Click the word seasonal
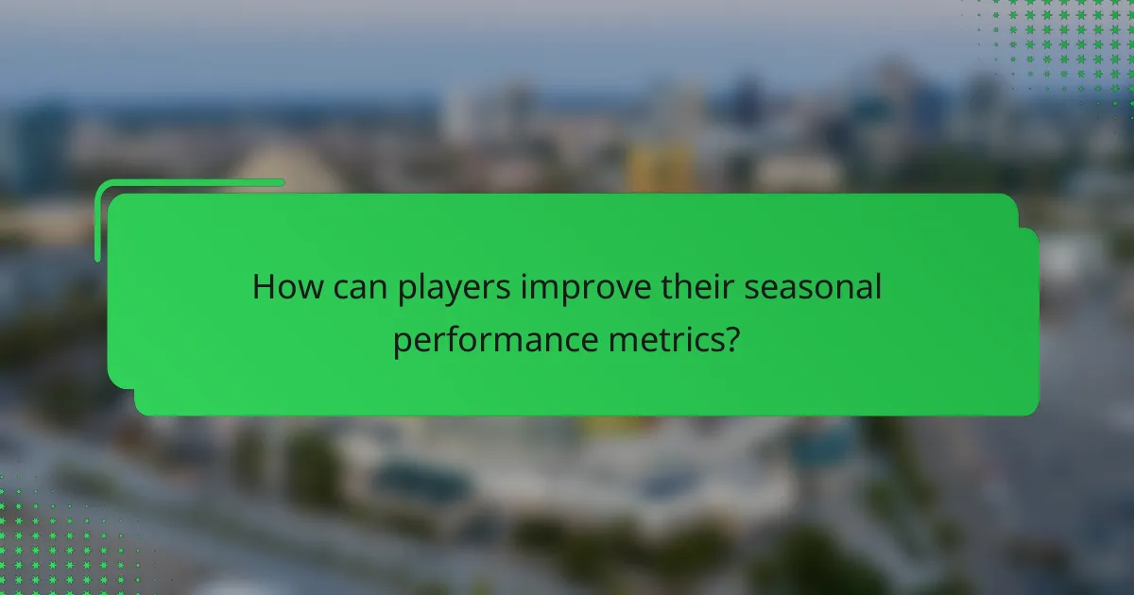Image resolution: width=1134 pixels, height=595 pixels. coord(812,287)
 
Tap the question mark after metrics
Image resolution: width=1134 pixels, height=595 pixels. coord(731,339)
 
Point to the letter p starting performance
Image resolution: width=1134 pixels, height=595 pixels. coord(401,343)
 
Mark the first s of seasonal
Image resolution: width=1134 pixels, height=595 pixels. coord(750,289)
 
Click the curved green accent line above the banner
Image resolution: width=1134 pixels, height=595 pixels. coord(189,183)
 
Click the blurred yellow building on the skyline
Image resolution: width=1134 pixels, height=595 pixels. coord(661,167)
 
